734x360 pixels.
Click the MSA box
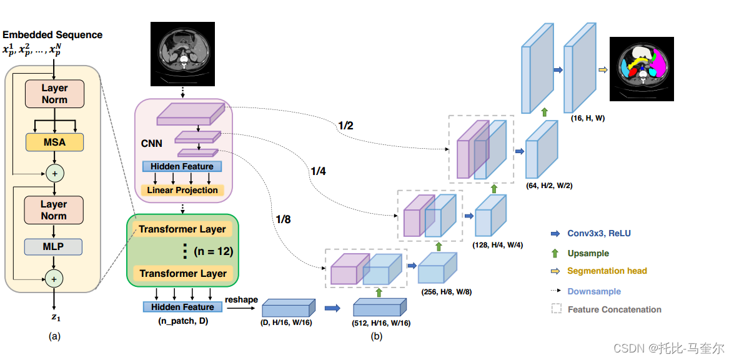[x=55, y=142]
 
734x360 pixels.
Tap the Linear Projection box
[x=182, y=190]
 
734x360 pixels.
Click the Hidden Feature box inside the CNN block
[x=182, y=166]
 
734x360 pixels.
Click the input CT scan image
[x=182, y=54]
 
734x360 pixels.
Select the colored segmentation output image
[x=642, y=69]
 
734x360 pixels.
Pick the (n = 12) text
[x=214, y=252]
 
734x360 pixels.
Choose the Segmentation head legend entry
[x=599, y=271]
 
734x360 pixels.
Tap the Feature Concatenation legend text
[x=615, y=309]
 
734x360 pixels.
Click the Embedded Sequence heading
[x=52, y=34]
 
